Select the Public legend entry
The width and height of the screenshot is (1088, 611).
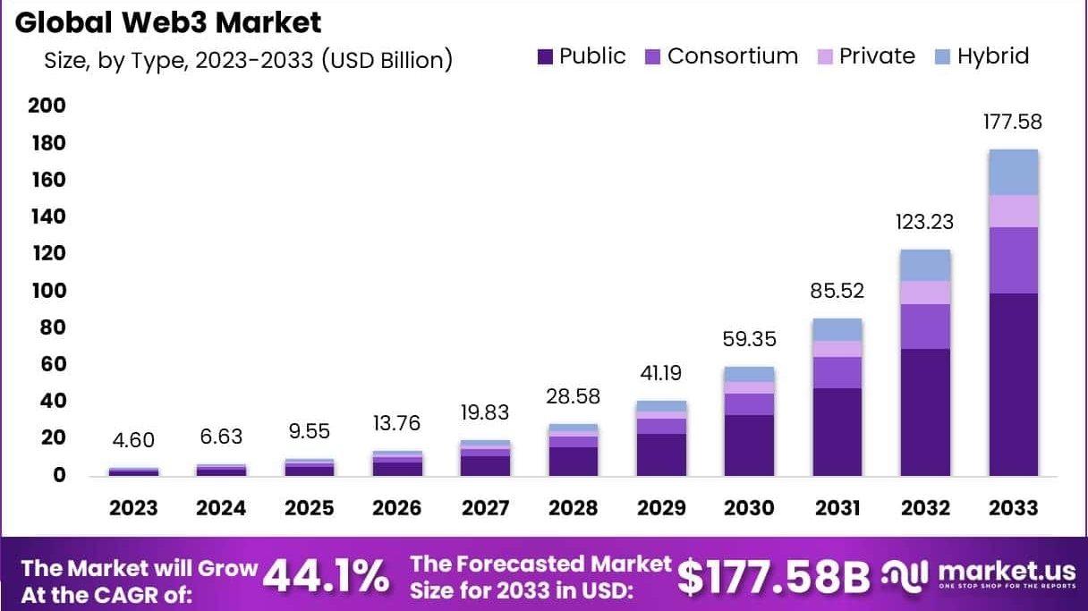coord(582,56)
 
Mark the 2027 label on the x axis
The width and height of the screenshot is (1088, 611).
coord(485,508)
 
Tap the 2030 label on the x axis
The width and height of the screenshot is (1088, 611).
coord(749,508)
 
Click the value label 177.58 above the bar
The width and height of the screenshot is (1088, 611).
coord(1013,122)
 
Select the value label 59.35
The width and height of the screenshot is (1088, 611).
coord(749,339)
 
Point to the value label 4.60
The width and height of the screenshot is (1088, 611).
coord(133,439)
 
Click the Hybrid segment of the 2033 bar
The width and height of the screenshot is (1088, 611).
coord(1013,172)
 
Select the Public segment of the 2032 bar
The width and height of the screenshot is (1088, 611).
coord(925,412)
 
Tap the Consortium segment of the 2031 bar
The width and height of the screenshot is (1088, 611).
coord(837,372)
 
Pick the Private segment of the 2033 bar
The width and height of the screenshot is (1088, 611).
coord(1013,211)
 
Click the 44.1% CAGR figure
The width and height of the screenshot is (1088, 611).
coord(326,577)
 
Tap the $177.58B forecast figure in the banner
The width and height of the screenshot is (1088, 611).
coord(773,577)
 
